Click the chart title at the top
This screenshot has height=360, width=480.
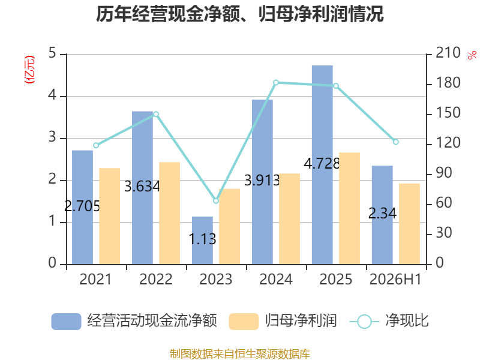click(239, 14)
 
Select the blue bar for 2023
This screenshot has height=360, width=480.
click(202, 241)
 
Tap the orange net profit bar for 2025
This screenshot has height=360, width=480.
click(349, 208)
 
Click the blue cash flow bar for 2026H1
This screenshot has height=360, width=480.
click(382, 215)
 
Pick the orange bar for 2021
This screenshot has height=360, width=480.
click(110, 216)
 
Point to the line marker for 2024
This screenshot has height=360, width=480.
click(276, 82)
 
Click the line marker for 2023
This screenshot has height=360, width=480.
click(216, 201)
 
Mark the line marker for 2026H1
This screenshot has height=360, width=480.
click(395, 142)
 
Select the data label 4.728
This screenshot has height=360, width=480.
click(322, 163)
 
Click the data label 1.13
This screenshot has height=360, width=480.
click(202, 239)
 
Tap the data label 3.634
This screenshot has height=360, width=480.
click(142, 187)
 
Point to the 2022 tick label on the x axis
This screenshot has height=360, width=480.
click(156, 280)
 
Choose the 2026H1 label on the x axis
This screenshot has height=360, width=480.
click(395, 280)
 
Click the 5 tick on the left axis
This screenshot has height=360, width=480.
click(52, 53)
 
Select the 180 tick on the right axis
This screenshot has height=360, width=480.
click(448, 83)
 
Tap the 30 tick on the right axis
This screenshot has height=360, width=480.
click(444, 233)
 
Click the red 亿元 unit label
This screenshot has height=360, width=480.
click(29, 70)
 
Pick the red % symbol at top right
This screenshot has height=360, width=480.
click(472, 55)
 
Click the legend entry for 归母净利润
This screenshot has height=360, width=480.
click(283, 321)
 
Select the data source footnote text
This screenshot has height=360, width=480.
click(240, 354)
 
